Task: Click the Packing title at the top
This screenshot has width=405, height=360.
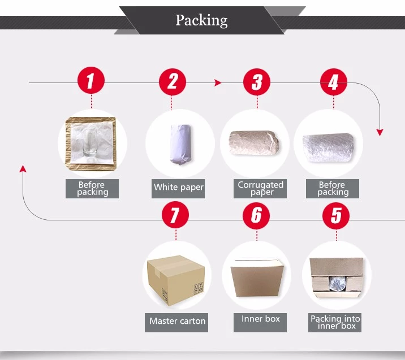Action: [x=201, y=21]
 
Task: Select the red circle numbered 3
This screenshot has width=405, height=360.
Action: [x=257, y=83]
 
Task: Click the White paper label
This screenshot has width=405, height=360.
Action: [x=179, y=188]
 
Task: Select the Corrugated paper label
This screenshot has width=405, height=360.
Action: [x=261, y=188]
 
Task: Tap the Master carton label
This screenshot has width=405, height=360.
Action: [x=178, y=321]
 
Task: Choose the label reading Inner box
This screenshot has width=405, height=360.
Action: [x=261, y=319]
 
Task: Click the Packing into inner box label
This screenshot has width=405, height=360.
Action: [x=335, y=322]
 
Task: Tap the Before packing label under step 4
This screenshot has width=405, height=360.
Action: [x=333, y=188]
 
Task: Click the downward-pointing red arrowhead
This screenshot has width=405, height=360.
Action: [x=380, y=132]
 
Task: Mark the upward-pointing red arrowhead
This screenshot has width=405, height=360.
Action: [x=22, y=168]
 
